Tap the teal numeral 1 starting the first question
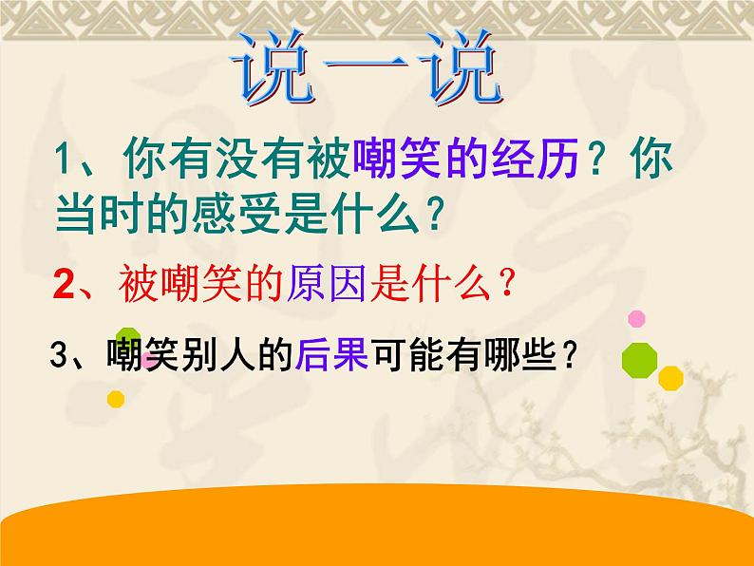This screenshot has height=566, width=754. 63,160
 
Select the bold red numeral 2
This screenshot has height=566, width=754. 64,285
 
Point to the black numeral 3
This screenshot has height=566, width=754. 59,355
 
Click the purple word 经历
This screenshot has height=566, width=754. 535,159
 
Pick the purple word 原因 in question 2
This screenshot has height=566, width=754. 327,284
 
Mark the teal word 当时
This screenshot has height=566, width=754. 100,214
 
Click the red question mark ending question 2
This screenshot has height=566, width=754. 506,284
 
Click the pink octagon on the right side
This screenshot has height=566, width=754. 636,319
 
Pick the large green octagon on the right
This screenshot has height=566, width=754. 639,361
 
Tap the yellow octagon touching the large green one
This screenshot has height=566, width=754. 670,378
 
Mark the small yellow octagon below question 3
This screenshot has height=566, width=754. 116,399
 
